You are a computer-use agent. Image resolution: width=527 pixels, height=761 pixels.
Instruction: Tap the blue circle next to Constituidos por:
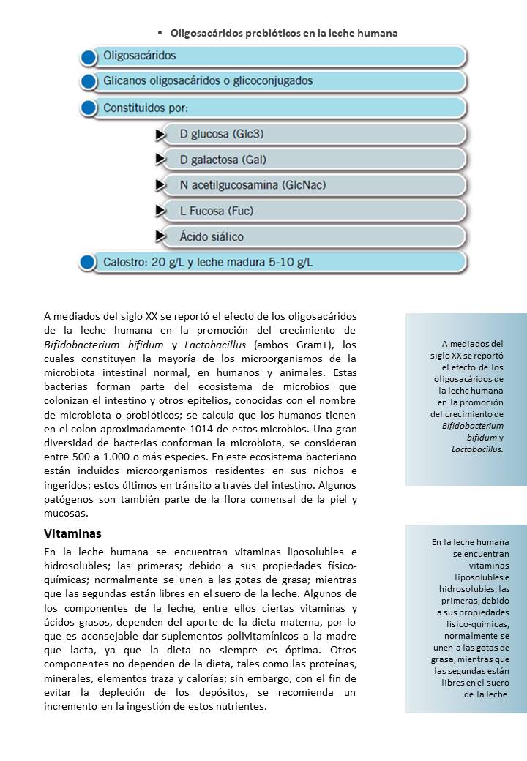pyautogui.click(x=89, y=108)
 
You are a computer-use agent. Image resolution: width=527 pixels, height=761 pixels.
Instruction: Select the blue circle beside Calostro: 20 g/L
pyautogui.click(x=89, y=262)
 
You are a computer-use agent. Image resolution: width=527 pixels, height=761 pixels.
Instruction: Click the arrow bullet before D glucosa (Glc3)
pyautogui.click(x=160, y=135)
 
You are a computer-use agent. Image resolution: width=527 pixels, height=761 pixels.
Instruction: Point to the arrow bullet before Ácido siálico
pyautogui.click(x=160, y=236)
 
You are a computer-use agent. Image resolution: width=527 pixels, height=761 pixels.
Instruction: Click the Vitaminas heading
pyautogui.click(x=72, y=533)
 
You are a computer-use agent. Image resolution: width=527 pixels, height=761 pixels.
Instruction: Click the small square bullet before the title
pyautogui.click(x=160, y=33)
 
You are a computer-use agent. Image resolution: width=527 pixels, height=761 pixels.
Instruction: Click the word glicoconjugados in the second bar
pyautogui.click(x=270, y=81)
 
